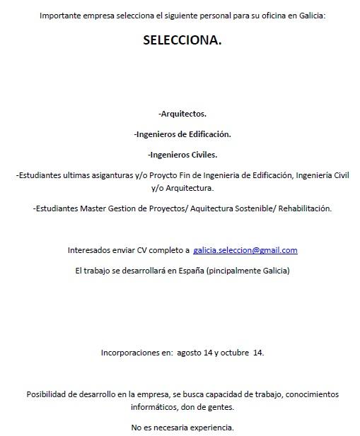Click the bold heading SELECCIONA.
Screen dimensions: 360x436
182,40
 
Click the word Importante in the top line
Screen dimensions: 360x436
60,15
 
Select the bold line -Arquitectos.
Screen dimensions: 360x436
182,113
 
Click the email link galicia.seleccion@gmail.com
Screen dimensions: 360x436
245,250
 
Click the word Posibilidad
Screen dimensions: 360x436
50,394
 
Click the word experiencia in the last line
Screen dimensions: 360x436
211,428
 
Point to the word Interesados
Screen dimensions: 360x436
91,250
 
